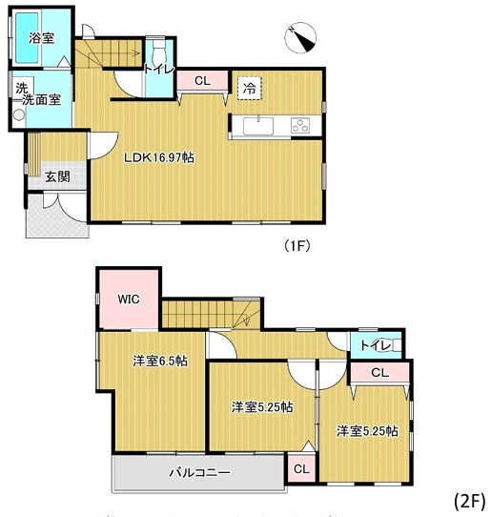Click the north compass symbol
(x=300, y=37)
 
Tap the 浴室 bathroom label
(x=41, y=38)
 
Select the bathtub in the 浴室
(x=27, y=38)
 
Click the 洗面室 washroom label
(x=42, y=99)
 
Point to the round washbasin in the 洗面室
(x=19, y=114)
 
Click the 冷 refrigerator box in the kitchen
(x=250, y=88)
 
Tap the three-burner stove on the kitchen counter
(x=300, y=125)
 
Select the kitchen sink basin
(x=258, y=126)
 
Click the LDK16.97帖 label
(x=159, y=157)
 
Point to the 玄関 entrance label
(x=57, y=176)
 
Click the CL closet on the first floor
(x=202, y=80)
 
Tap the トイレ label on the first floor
(x=159, y=70)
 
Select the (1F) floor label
(x=297, y=245)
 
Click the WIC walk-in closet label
(x=129, y=300)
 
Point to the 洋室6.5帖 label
(x=160, y=361)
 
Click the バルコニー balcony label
(x=199, y=473)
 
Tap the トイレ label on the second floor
(x=376, y=345)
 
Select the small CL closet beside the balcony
(x=301, y=468)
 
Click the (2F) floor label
(x=470, y=501)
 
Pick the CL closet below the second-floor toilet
(x=380, y=373)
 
